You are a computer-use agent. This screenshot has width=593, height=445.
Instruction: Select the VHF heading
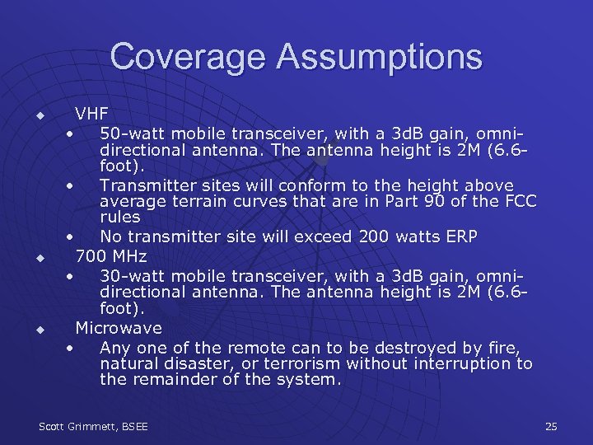[x=91, y=114]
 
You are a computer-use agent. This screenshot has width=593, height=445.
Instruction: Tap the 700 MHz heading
[x=111, y=256]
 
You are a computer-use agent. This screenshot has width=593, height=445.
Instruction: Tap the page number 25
[x=551, y=426]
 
